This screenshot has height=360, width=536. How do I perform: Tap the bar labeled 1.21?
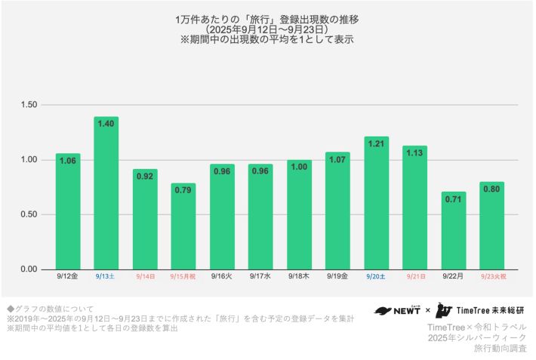tap(376, 203)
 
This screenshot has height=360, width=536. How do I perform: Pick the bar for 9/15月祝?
tap(183, 226)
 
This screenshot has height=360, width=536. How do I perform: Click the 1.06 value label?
tap(68, 161)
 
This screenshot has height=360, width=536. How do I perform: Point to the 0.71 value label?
tap(454, 199)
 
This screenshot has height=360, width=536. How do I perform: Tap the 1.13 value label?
tap(415, 153)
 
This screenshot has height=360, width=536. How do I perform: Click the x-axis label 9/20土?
tap(376, 277)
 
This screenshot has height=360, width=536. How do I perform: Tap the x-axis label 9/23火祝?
tap(493, 277)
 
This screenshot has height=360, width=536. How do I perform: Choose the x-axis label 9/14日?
tap(145, 277)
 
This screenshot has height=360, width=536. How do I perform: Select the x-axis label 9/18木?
tap(299, 277)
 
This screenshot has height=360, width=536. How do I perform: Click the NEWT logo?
tap(397, 310)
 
